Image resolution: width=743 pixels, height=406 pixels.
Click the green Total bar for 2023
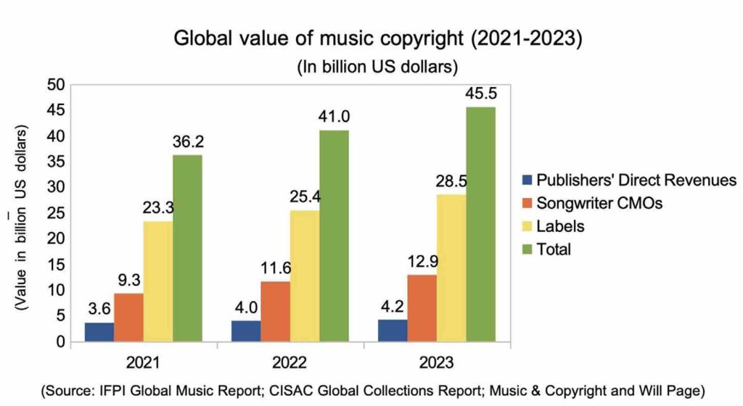(480, 224)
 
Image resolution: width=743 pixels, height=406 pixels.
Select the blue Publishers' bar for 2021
(99, 331)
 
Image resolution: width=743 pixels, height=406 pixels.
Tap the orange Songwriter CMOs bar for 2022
(276, 311)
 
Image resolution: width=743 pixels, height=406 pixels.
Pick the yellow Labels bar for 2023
(451, 268)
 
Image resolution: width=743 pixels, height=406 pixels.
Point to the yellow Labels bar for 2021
(158, 281)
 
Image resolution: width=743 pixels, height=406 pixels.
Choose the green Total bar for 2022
(334, 236)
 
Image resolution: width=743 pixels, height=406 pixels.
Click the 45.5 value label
(481, 94)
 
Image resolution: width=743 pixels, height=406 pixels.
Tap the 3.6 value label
(99, 309)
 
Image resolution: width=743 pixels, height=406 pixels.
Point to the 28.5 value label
(451, 181)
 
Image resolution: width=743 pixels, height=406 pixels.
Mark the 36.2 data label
(187, 142)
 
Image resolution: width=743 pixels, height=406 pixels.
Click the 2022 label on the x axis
(290, 362)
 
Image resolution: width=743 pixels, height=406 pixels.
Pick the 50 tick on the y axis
(58, 86)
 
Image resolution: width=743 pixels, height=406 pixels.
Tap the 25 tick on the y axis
(58, 213)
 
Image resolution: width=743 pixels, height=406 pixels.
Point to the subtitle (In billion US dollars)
(377, 67)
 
